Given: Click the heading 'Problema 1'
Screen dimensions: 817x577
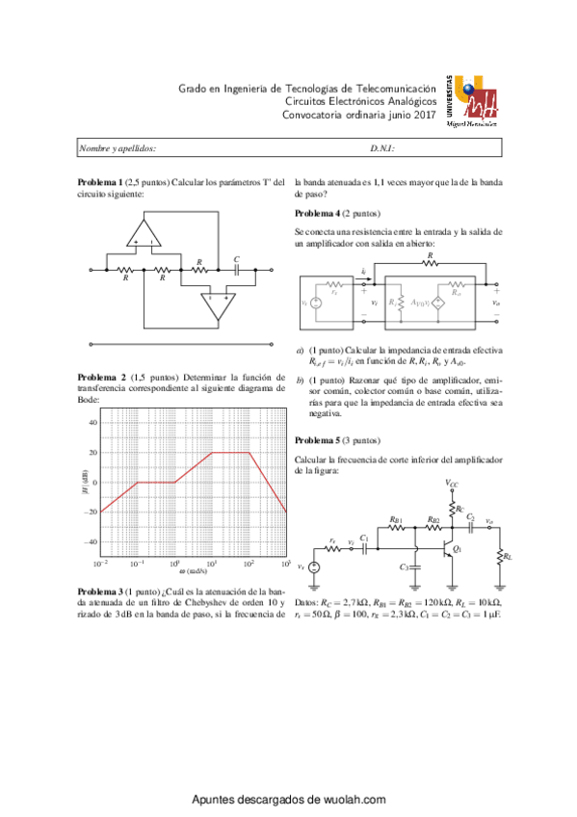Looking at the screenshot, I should click(x=99, y=181).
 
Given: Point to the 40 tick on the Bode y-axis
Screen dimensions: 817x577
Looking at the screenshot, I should click(x=92, y=422).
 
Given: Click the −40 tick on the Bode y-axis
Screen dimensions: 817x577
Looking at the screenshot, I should click(x=91, y=541).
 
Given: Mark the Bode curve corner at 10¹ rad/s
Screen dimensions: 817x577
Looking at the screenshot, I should click(x=212, y=452).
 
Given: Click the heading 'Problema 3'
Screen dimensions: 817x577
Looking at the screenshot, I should click(x=99, y=590).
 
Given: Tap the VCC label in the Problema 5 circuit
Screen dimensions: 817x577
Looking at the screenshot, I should click(x=452, y=481).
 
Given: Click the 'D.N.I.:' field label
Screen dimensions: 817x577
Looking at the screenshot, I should click(x=382, y=148).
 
